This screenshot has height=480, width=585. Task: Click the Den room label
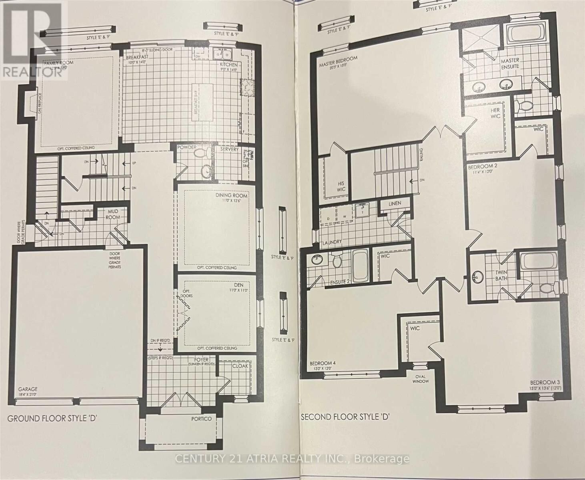238,285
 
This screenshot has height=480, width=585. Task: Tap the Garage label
28,389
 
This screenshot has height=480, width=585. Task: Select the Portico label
201,418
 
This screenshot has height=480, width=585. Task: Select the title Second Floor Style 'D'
345,417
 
